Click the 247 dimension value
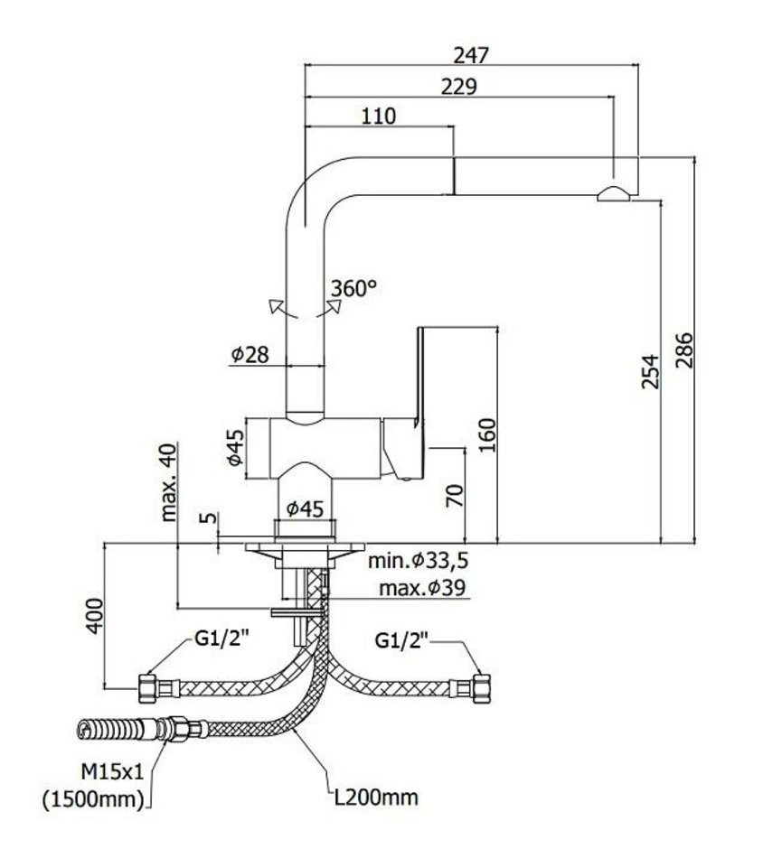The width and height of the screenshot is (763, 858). click(471, 54)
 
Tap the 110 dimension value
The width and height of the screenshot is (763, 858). click(379, 116)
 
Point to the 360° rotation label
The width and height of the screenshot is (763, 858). click(353, 289)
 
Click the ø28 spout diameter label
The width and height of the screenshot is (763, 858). click(250, 355)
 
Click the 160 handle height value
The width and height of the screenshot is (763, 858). click(486, 436)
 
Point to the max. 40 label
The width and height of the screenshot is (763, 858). click(169, 483)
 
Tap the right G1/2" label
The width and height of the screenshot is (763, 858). click(404, 642)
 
